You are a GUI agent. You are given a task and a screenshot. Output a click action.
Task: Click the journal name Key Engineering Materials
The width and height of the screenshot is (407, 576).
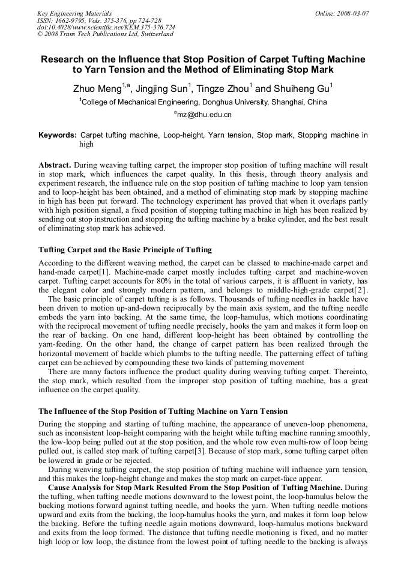[74, 13]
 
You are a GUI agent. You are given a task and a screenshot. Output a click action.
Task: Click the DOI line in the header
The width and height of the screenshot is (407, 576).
[106, 28]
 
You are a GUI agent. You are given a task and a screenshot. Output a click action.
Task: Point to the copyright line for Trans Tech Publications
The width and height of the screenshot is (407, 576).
[105, 34]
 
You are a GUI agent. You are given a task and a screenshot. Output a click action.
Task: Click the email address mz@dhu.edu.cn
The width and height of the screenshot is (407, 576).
[203, 114]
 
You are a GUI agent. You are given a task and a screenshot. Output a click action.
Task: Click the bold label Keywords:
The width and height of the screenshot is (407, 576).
[58, 136]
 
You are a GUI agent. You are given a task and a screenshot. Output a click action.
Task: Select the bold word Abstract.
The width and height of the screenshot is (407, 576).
[55, 165]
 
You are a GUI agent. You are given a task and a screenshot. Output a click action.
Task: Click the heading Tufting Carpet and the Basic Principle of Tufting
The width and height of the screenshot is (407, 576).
[125, 249]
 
